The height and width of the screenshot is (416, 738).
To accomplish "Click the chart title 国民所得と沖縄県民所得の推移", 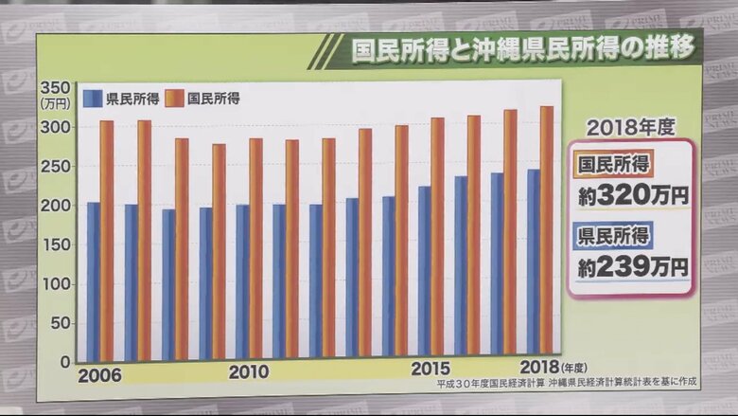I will [x=522, y=49].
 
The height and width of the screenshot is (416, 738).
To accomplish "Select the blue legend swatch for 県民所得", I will [x=93, y=98].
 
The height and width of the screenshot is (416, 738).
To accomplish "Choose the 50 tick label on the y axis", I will [x=60, y=323].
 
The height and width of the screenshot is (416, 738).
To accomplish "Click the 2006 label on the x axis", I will [x=99, y=374].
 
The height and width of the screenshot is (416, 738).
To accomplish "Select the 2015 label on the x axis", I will [x=431, y=369].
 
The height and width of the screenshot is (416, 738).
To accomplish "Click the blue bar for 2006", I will [x=93, y=280].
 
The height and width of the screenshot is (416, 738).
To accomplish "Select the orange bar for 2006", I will [x=107, y=241].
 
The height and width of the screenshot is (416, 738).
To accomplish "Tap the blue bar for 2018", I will [x=534, y=265].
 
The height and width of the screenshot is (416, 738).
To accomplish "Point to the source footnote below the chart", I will [x=567, y=384].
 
